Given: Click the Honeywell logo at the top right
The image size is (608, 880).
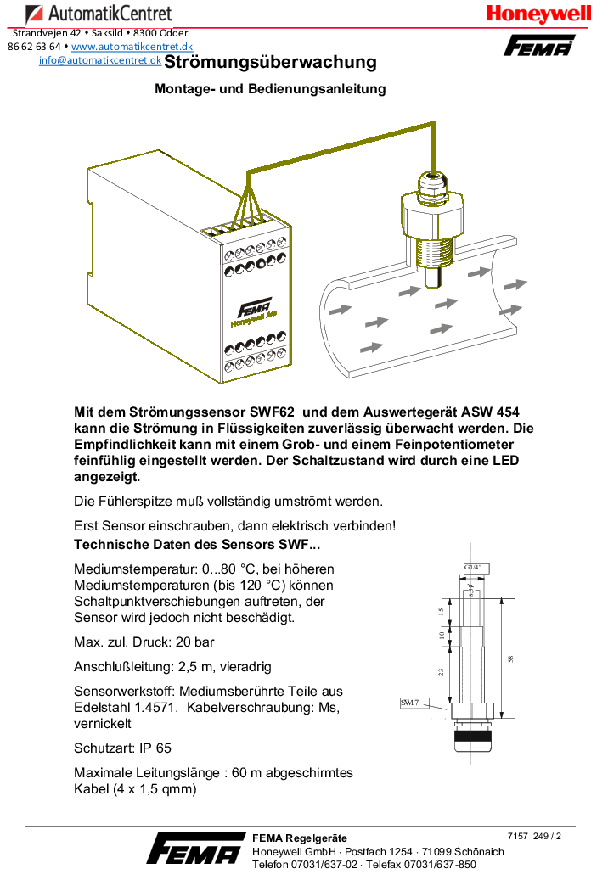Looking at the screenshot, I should pos(538,14).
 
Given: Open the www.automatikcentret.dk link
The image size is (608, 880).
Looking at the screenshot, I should pos(132,47).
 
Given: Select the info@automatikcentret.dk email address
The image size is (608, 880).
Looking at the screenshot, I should pos(100,60).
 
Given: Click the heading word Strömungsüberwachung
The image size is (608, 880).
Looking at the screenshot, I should pos(270,62).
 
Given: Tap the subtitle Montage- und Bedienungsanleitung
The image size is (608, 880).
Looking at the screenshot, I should pos(270,88).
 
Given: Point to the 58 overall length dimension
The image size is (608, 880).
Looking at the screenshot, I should pos(510,659).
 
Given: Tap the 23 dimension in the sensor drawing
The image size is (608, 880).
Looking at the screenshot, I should pos(441,671).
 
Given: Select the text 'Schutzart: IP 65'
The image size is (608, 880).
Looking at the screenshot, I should pos(122,748).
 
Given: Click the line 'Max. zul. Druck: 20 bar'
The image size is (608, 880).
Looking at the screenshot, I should pos(144,642).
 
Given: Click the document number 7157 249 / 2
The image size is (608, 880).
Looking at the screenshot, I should pos(534,836).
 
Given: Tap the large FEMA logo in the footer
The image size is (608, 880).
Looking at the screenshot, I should pos(194,849).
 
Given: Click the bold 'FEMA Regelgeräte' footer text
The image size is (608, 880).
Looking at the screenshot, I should pos(299,838).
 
